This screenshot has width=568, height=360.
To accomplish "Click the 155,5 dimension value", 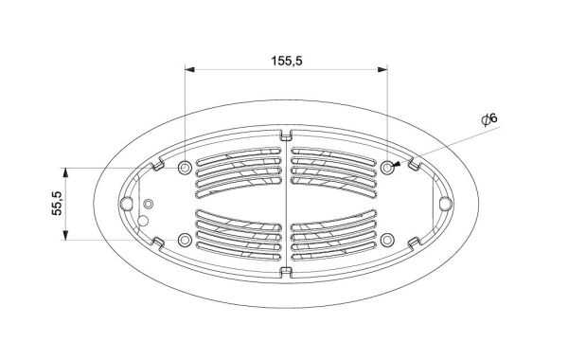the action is click(287, 61).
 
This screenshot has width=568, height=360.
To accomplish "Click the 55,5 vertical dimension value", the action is click(57, 204).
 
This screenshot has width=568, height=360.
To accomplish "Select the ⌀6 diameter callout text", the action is click(489, 119).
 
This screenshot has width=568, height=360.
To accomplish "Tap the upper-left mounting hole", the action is click(185, 168).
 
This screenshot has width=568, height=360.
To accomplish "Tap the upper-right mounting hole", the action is click(387, 168).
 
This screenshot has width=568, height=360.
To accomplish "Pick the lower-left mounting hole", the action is click(185, 240).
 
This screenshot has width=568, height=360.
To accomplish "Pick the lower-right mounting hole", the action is click(387, 240).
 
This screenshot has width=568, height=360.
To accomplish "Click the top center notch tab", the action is click(286, 135).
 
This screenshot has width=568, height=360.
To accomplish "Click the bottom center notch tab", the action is click(286, 272).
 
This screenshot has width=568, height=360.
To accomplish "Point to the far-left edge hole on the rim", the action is click(126, 204).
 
